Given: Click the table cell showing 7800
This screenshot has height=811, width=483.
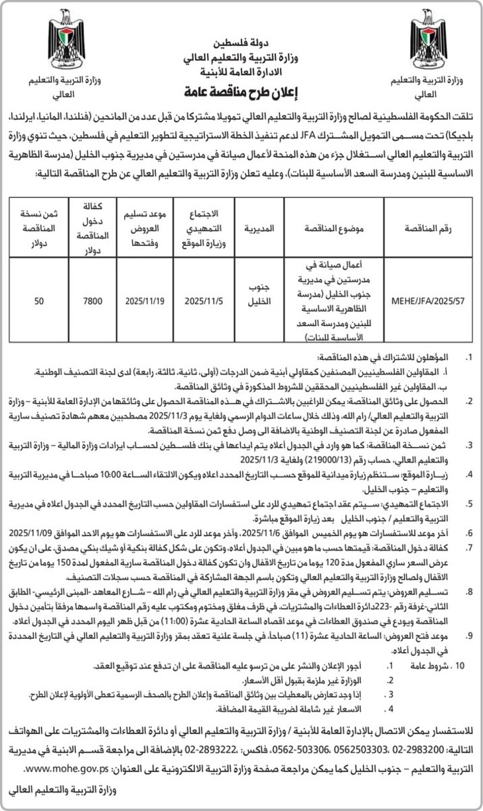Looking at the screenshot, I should pos(92,301).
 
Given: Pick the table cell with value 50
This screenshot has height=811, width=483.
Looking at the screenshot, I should pos(39,301).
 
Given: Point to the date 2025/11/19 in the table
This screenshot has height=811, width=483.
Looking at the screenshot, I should pos(145,301).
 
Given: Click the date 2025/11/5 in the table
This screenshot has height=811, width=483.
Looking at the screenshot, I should pos(202,301).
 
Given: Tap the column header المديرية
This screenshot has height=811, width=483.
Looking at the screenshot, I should pos(260,228).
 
